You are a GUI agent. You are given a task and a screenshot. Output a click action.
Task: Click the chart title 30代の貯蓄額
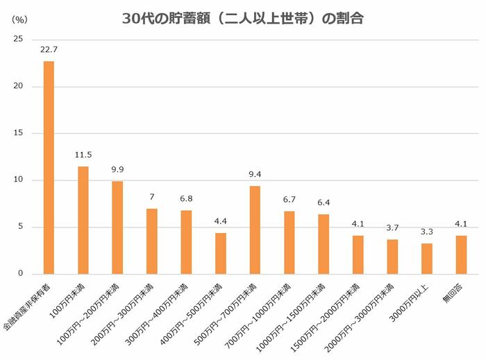click(242, 19)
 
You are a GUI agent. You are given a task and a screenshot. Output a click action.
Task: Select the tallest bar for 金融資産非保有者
click(49, 167)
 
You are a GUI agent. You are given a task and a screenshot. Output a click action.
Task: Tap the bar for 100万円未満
click(83, 220)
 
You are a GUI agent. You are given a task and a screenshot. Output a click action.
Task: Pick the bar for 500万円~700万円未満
click(255, 230)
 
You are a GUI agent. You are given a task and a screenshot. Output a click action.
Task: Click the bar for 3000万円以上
click(426, 258)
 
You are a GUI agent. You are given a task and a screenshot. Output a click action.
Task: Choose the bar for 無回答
click(461, 255)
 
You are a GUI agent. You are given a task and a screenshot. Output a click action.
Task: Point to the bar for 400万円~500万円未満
click(220, 253)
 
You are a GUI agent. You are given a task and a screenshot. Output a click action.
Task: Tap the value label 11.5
click(83, 154)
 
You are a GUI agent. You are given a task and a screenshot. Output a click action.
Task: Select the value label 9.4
click(255, 173)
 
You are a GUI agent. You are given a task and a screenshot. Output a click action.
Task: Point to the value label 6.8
click(186, 198)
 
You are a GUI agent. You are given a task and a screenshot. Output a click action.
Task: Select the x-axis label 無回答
click(455, 291)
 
